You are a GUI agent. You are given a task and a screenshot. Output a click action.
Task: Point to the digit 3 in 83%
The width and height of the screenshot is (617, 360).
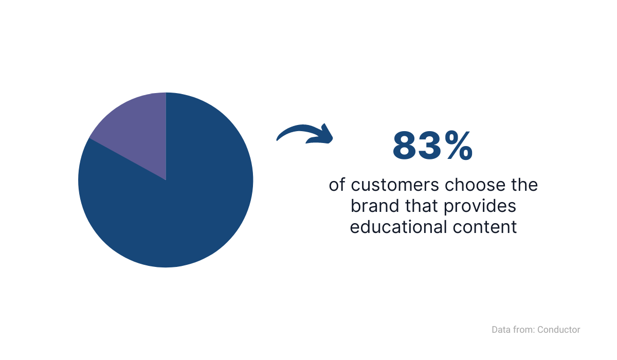pyautogui.click(x=430, y=146)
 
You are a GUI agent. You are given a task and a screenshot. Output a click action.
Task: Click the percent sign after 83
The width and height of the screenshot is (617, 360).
pyautogui.click(x=458, y=146)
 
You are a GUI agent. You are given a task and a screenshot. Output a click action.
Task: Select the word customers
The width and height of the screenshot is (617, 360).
pyautogui.click(x=395, y=185)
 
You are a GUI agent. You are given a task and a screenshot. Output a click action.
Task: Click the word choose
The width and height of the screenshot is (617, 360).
pyautogui.click(x=476, y=185)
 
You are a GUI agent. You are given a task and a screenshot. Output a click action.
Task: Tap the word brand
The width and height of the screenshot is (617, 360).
pyautogui.click(x=375, y=206)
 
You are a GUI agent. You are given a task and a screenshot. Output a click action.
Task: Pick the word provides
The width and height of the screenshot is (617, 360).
pyautogui.click(x=480, y=207)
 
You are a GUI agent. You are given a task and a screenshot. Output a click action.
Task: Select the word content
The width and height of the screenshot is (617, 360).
pyautogui.click(x=485, y=227)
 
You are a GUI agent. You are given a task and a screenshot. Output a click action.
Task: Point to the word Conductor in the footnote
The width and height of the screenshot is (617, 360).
pyautogui.click(x=558, y=330)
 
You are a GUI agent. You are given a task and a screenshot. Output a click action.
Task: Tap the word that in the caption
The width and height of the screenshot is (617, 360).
pyautogui.click(x=422, y=206)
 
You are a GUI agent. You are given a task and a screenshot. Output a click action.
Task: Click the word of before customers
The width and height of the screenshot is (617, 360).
pyautogui.click(x=337, y=185)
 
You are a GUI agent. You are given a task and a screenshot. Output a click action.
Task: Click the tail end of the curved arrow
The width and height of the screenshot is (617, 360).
pyautogui.click(x=277, y=140)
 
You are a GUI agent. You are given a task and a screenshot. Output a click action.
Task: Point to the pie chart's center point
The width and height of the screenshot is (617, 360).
pyautogui.click(x=166, y=180)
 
